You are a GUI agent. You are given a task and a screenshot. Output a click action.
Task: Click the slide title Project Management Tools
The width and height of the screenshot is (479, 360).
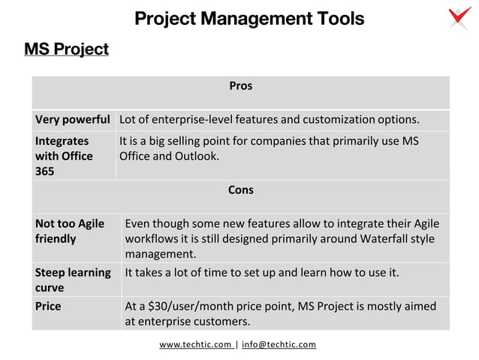coord(249,18)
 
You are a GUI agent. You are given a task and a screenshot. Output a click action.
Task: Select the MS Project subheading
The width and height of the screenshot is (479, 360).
coord(66,50)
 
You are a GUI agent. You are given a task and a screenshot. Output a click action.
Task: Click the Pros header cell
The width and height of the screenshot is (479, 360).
coord(240,86)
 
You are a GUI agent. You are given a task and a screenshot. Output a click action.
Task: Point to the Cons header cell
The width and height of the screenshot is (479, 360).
coord(240,190)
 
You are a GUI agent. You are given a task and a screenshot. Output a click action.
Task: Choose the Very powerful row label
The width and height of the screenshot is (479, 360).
coord(72,120)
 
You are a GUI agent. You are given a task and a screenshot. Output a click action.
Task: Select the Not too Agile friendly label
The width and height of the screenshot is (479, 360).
coord(70,231)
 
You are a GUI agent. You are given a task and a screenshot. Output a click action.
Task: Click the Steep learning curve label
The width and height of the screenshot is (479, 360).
coord(73,280)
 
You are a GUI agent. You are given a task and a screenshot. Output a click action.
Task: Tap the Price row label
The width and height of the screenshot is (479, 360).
coord(48,307)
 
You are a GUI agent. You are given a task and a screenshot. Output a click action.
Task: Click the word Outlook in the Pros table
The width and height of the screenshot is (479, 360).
coord(196,156)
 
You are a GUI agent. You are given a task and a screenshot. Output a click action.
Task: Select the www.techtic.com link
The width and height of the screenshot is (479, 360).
coord(195,345)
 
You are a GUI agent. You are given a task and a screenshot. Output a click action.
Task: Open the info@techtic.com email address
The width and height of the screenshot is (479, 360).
coord(279,345)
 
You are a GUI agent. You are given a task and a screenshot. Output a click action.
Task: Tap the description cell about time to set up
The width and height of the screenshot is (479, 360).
coord(261,272)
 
